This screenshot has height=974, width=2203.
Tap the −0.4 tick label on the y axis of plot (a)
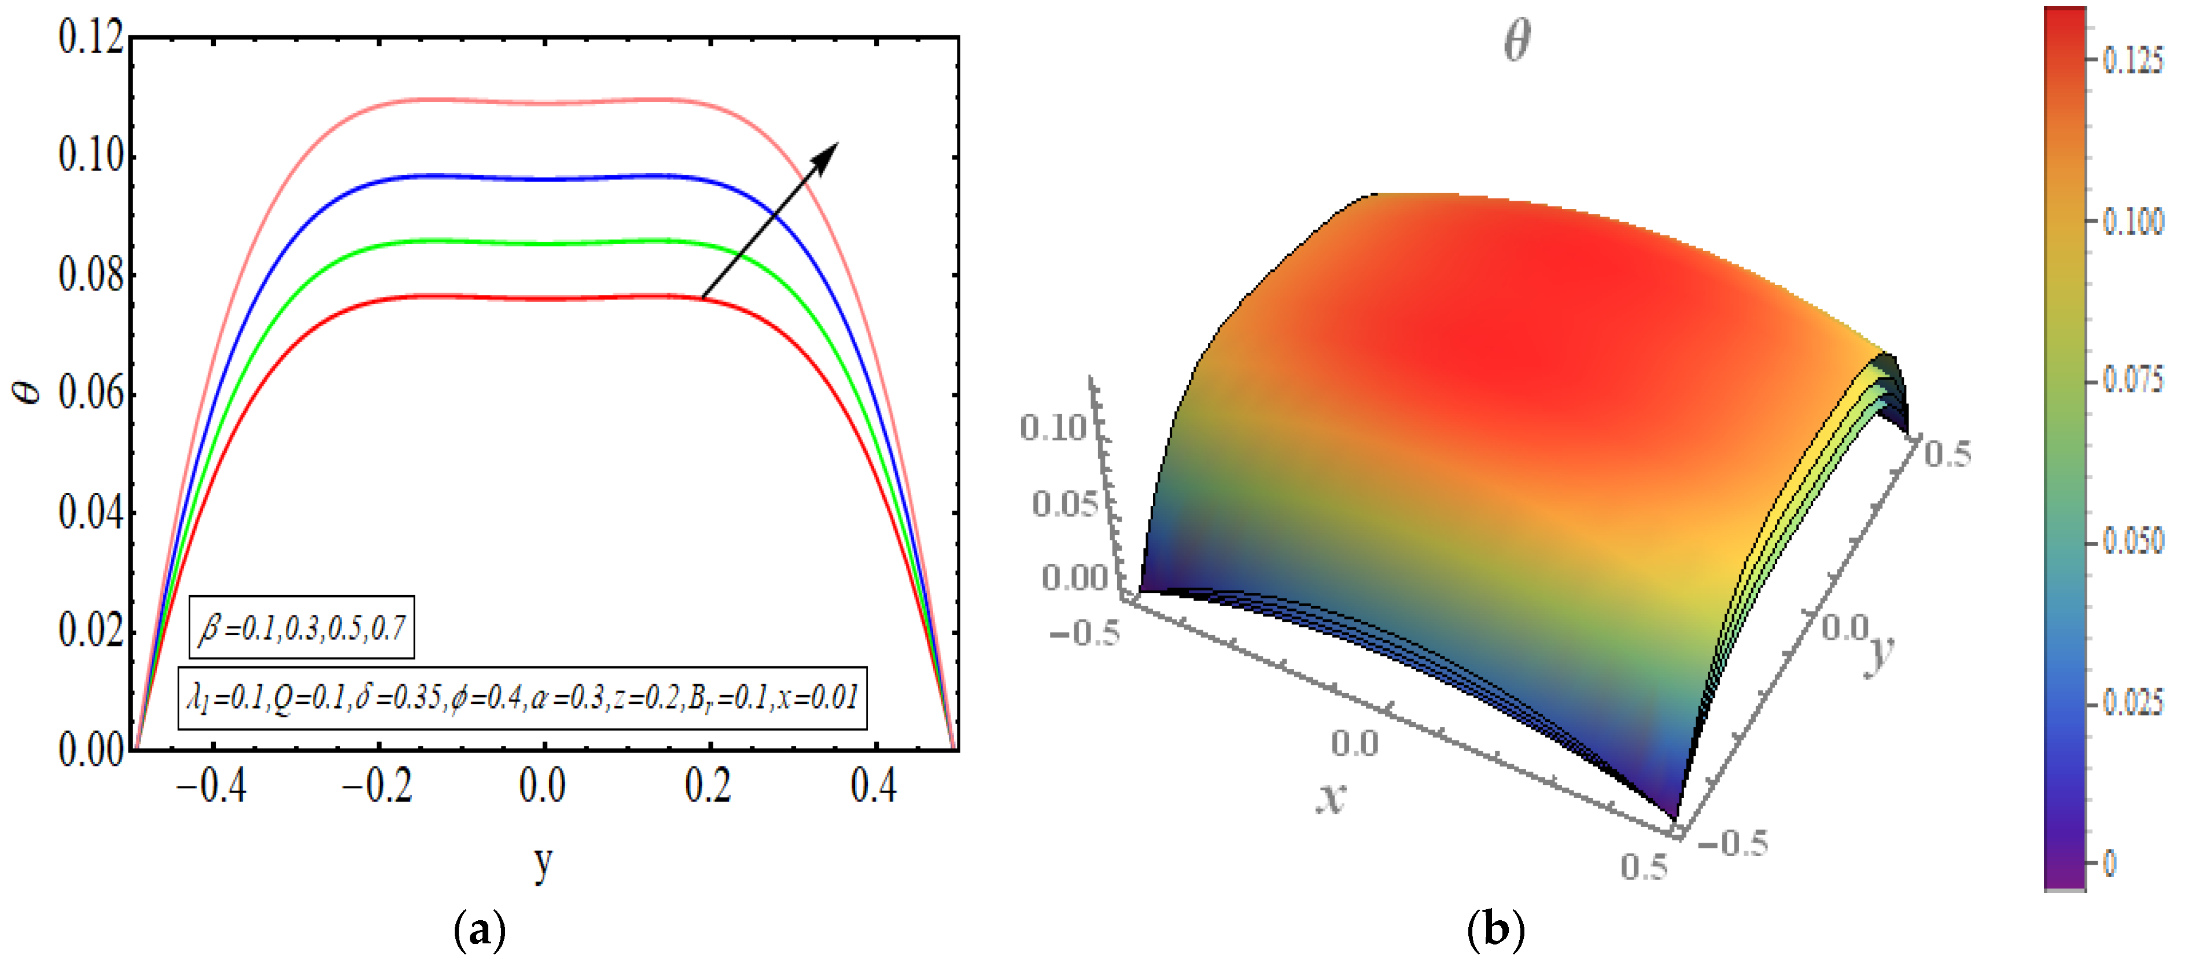coord(211,785)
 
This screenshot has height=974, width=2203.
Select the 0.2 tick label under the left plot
coord(708,785)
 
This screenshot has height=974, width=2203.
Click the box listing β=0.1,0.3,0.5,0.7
coord(302,628)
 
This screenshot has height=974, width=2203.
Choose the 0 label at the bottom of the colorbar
coord(2110,863)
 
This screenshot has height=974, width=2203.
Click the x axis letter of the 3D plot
coord(1331,797)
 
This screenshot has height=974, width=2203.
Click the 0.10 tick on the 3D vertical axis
coord(1053,427)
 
